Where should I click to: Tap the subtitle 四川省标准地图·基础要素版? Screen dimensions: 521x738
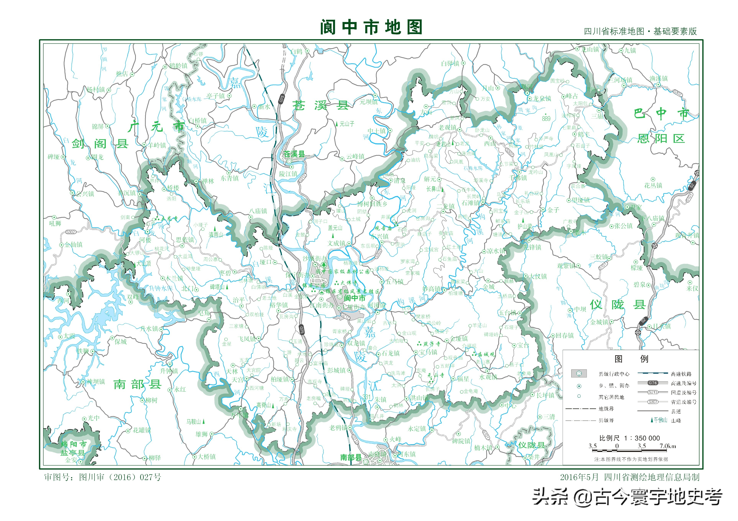(x=640, y=31)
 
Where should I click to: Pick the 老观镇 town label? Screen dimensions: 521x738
(x=448, y=127)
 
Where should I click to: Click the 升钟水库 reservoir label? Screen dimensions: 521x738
(x=161, y=288)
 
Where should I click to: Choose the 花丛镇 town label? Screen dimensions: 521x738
(x=653, y=185)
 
